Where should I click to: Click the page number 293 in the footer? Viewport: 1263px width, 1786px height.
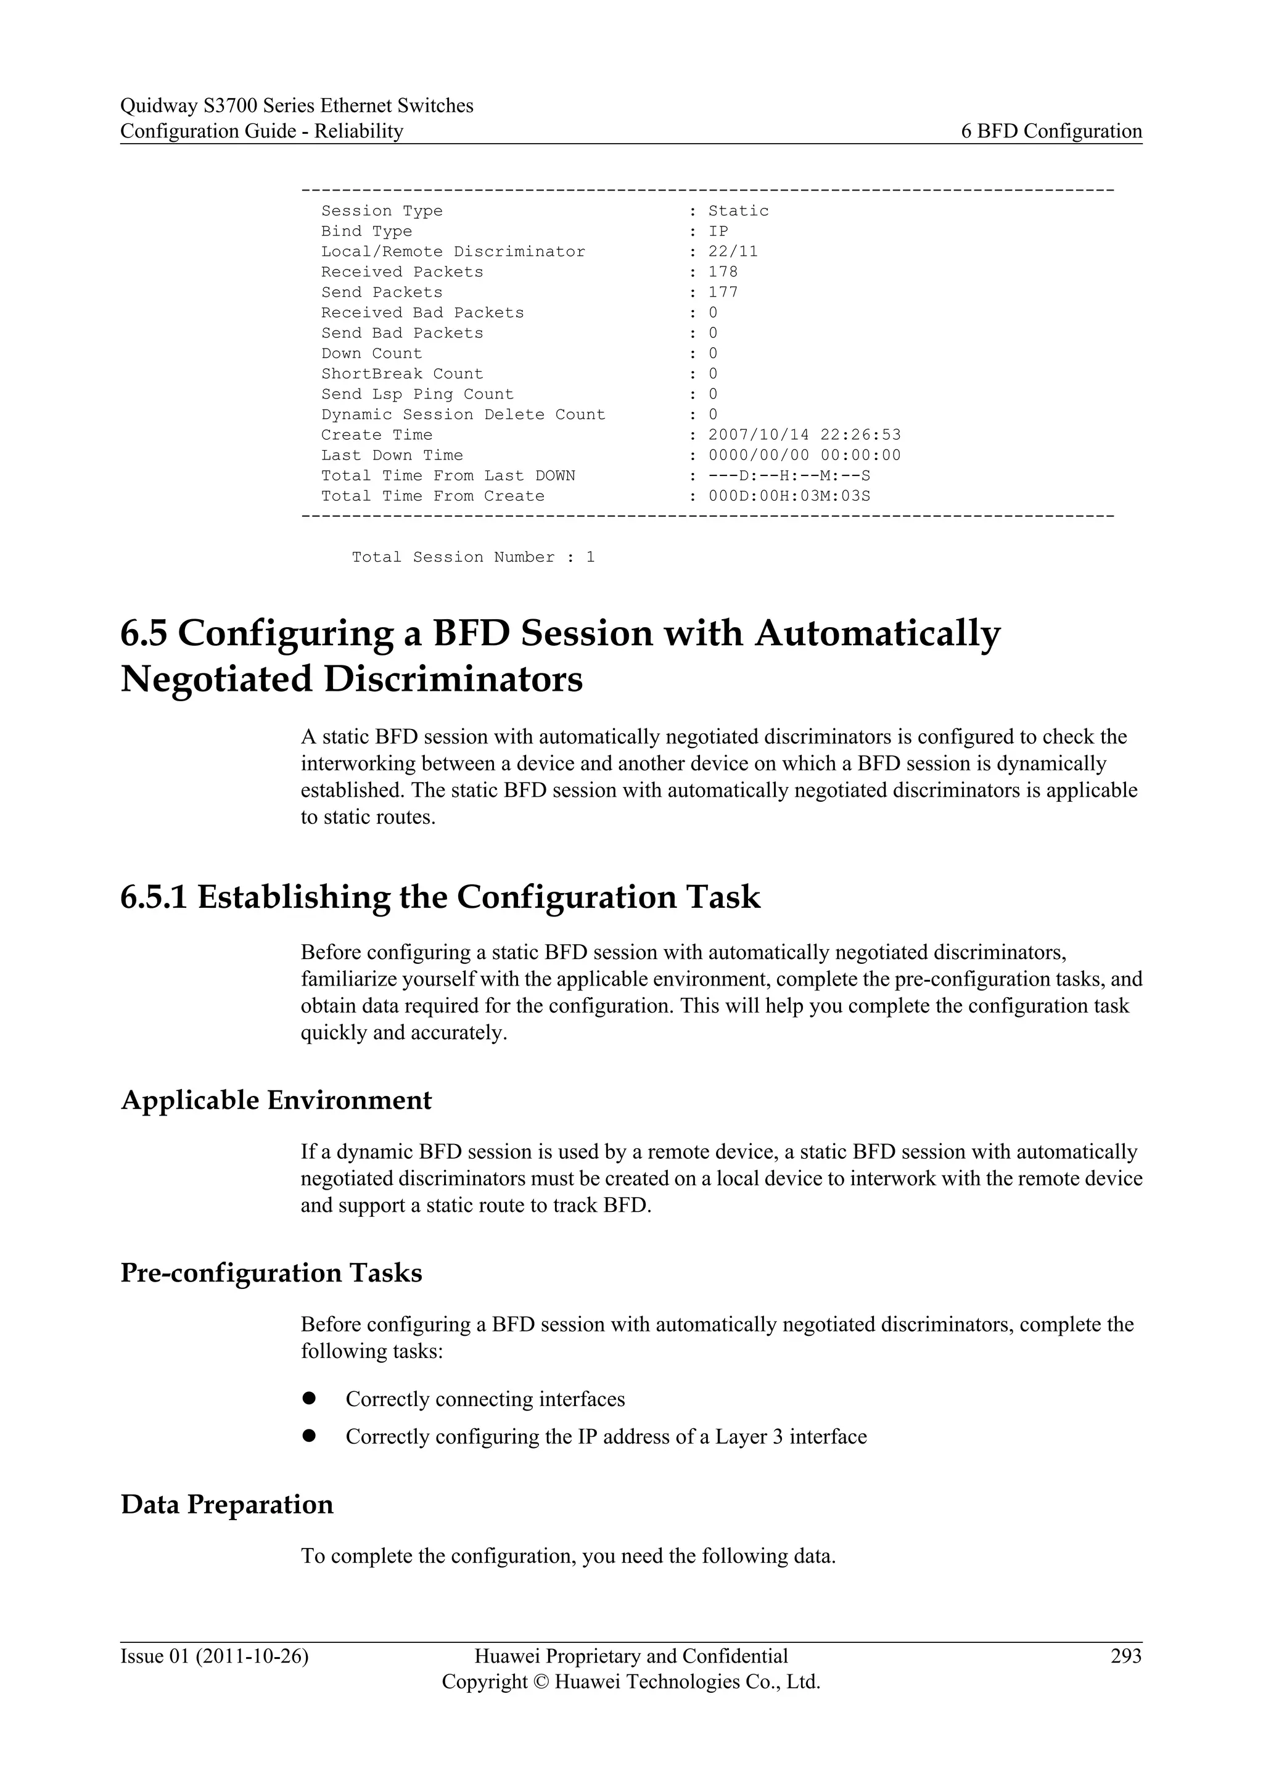[1125, 1655]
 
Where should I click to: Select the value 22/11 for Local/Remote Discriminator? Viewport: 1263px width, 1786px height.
[733, 251]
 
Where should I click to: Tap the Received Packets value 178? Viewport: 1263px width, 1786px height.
[723, 271]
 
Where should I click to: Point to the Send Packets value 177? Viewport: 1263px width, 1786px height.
[723, 292]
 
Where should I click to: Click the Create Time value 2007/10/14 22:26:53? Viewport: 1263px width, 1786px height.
[804, 435]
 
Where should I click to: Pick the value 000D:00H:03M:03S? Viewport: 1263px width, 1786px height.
[789, 495]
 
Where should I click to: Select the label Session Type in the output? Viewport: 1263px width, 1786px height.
[381, 211]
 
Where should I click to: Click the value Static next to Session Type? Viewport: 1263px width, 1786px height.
[738, 211]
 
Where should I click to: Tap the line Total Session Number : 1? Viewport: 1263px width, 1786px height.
[473, 557]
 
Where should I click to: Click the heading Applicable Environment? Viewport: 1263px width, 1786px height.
[276, 1100]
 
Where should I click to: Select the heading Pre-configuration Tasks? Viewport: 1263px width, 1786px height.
[271, 1273]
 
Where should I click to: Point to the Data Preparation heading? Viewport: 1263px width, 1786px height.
[227, 1504]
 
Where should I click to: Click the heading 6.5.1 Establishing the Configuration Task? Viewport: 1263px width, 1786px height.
[440, 897]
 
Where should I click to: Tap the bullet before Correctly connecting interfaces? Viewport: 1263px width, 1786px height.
[309, 1398]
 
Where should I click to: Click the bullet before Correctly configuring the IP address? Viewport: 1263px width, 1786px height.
[309, 1435]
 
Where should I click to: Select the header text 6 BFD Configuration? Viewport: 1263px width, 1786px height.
[1051, 131]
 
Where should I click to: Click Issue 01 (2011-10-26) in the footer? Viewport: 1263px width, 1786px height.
[214, 1655]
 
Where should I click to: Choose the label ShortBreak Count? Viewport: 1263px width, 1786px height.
[402, 373]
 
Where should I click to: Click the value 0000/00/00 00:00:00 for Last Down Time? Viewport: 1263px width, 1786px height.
[804, 455]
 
